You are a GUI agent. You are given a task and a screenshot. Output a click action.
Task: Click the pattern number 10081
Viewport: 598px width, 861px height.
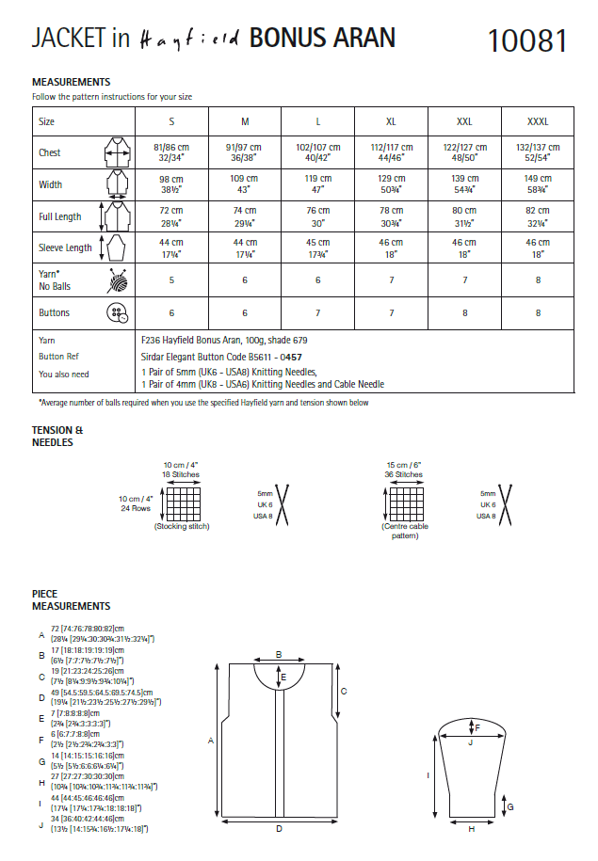coord(527,40)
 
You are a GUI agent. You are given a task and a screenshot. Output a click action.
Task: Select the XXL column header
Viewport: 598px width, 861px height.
coord(464,122)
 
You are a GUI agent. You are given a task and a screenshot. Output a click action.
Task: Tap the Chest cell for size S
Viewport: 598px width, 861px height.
coord(171,152)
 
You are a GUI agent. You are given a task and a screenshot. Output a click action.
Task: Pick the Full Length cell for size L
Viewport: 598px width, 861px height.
coord(318,216)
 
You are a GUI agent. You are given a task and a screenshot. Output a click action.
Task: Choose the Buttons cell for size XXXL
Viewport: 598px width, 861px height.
coord(538,312)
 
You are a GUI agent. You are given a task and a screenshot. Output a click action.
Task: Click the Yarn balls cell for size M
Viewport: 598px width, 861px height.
coord(245,279)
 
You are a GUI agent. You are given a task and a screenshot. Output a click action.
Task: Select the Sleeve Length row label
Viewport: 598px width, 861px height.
coord(66,248)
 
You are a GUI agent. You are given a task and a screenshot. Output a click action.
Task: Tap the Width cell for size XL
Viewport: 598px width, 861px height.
coord(391,184)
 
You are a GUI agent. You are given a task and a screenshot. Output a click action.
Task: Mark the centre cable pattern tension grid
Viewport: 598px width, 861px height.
coord(404,504)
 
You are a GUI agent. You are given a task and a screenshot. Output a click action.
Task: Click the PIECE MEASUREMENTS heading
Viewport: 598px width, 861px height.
coord(71,600)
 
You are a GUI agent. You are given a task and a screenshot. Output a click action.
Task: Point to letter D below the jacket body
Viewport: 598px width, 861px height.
coord(279,828)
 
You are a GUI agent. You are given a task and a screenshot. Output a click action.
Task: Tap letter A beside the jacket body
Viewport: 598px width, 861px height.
coord(212,740)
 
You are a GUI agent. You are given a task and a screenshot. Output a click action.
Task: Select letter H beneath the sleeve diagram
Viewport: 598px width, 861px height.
coord(471,829)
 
